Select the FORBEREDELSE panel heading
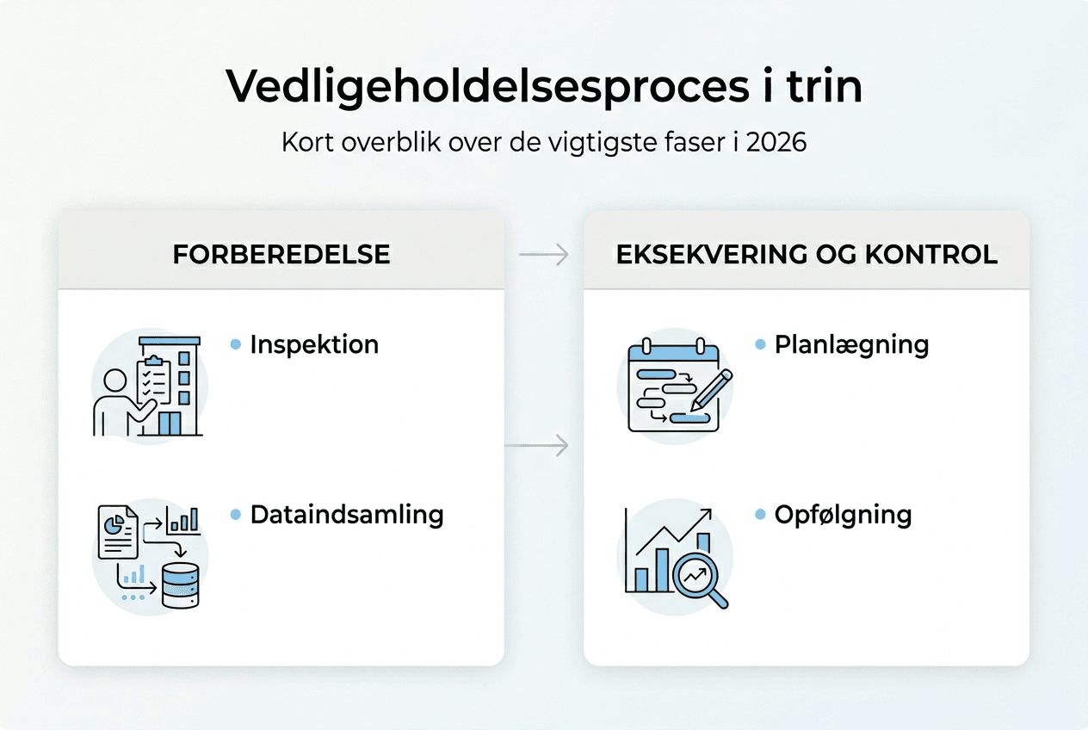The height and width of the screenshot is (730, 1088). click(281, 254)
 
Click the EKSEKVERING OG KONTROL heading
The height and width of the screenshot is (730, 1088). click(807, 254)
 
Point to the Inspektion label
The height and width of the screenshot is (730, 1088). click(314, 344)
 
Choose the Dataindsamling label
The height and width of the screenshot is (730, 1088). click(347, 515)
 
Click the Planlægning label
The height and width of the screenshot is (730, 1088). click(851, 344)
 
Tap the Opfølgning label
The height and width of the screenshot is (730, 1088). click(843, 515)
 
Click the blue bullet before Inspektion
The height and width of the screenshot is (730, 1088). click(236, 344)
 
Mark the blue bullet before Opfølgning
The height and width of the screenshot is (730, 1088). click(760, 515)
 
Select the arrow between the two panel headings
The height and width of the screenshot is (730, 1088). click(544, 254)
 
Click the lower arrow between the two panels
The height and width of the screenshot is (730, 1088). click(536, 445)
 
